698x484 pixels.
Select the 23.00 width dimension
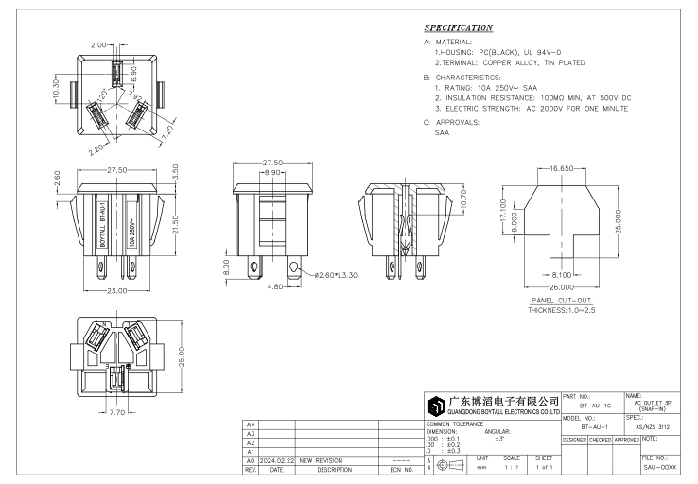coord(116,290)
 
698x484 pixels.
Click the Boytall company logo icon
coord(436,406)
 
